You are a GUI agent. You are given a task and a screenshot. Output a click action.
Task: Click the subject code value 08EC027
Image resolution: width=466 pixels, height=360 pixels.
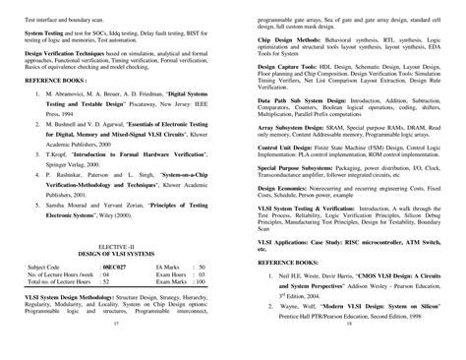click(x=118, y=266)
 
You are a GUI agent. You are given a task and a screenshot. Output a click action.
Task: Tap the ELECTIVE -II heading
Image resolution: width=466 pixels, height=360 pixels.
click(x=115, y=244)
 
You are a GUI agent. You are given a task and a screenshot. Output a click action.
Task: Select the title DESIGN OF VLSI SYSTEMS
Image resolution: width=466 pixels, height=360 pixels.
click(x=116, y=253)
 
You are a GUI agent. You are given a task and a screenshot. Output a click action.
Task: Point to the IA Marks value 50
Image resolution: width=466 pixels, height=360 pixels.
click(x=201, y=266)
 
